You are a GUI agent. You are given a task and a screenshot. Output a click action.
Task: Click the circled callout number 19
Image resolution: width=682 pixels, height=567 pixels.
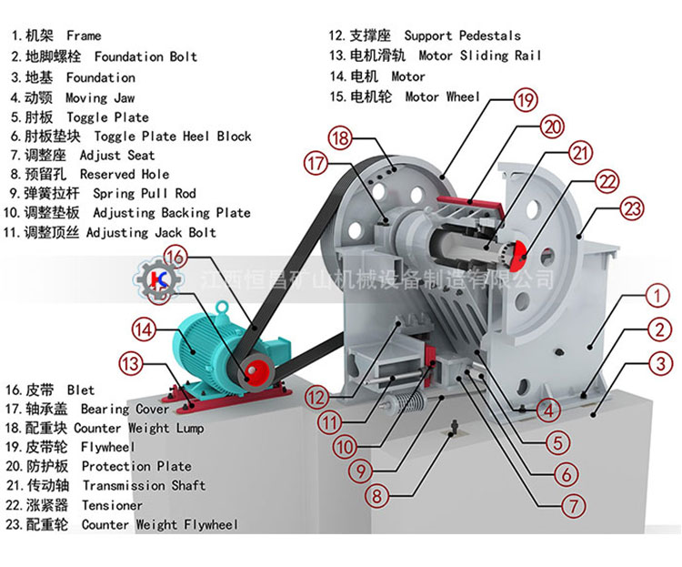point(526,99)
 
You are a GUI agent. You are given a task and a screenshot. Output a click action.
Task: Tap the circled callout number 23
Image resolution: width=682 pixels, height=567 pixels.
point(631,208)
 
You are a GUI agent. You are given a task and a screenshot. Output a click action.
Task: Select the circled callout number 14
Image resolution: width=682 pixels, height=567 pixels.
point(143,329)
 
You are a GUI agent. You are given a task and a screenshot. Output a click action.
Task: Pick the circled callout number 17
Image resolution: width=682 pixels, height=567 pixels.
point(316,165)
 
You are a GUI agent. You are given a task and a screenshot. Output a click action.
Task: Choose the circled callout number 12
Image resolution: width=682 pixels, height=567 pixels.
point(316,397)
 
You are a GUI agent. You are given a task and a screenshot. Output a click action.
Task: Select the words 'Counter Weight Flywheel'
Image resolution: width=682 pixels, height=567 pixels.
point(159,525)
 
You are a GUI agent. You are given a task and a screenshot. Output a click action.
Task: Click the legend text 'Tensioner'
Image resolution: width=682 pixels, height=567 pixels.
point(112,505)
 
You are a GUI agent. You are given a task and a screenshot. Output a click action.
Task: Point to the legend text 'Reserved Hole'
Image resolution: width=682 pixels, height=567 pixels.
point(124,174)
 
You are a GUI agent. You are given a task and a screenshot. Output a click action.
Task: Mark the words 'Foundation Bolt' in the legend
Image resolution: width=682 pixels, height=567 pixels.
point(145,56)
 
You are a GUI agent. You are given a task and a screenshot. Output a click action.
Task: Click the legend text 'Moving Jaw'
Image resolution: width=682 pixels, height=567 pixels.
point(99,97)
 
